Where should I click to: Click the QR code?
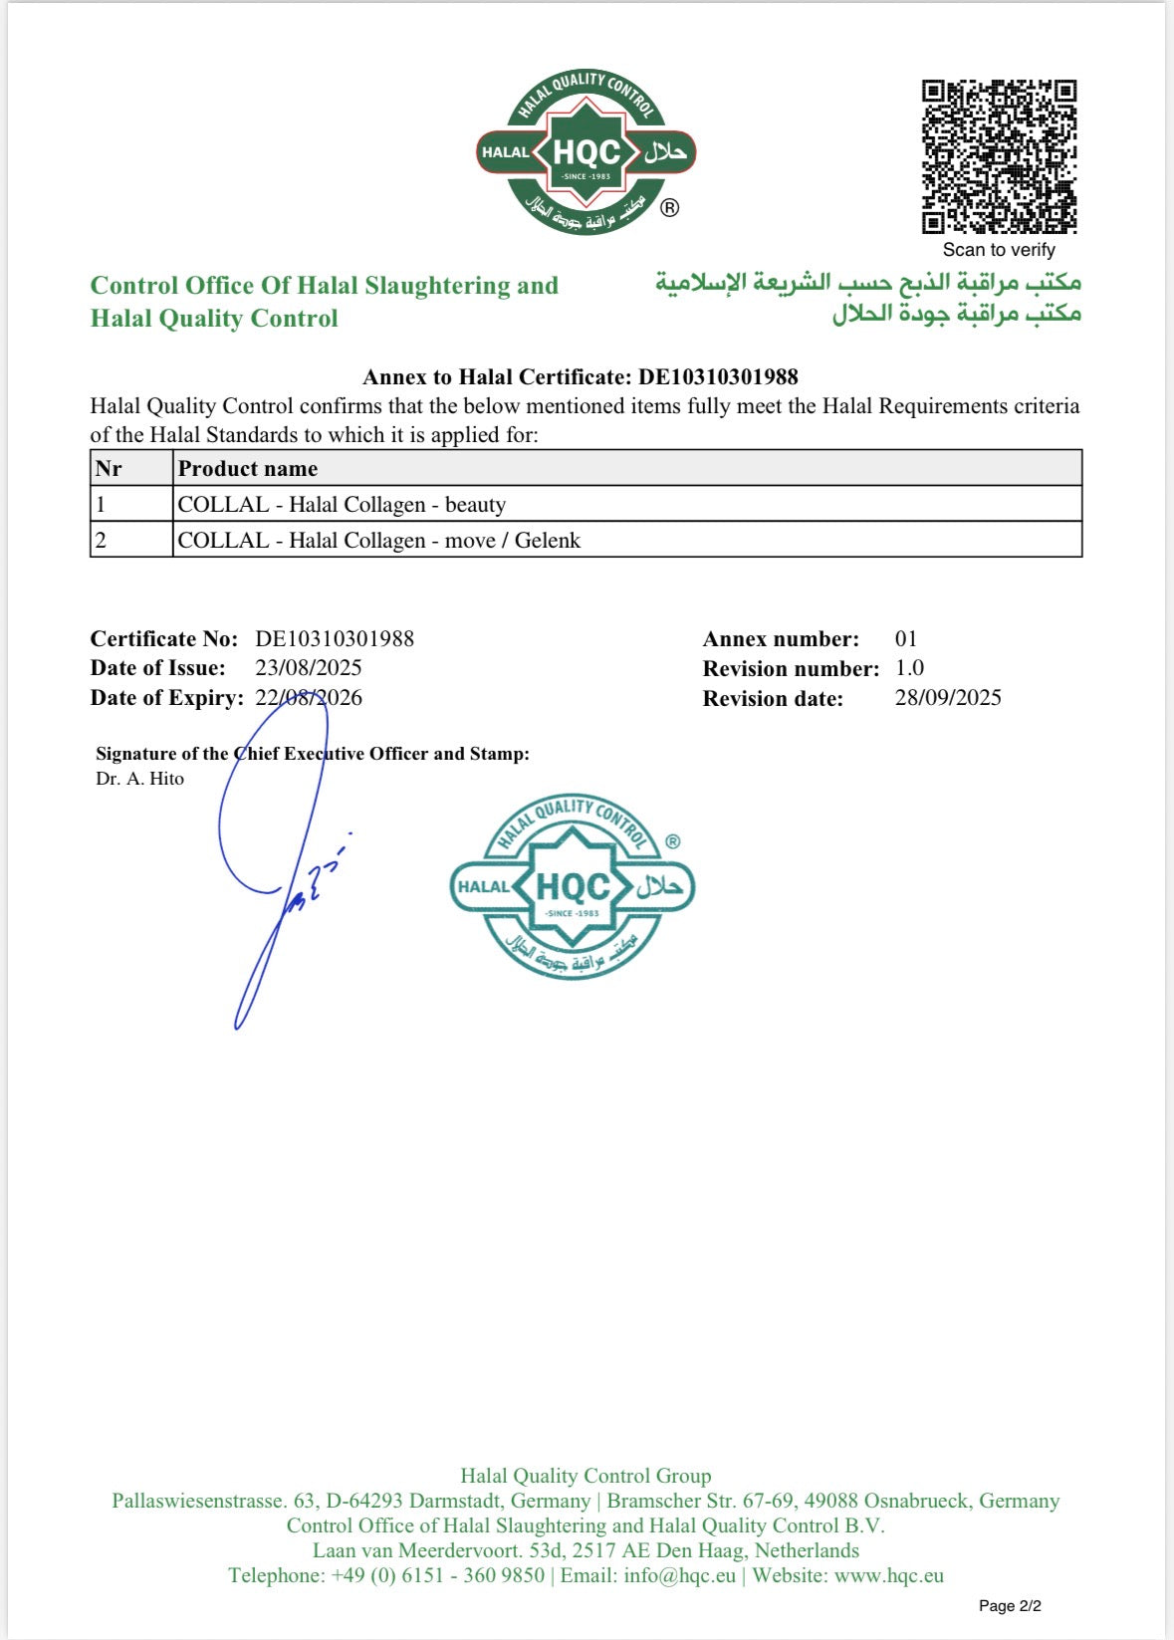pos(999,156)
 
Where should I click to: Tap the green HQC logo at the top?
pos(587,152)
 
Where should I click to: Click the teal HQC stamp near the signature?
pos(573,887)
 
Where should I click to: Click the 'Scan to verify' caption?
pos(999,250)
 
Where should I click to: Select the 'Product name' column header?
pos(248,469)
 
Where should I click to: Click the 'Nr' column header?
pos(109,469)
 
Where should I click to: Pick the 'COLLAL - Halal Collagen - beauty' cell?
pos(342,505)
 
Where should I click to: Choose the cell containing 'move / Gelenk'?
pos(379,541)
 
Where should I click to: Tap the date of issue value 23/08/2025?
pos(309,668)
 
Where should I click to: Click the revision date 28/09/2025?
pos(948,698)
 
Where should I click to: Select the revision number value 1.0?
pos(909,668)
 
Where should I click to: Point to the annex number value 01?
pos(905,639)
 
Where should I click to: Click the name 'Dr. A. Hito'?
pos(140,779)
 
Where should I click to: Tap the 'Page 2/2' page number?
pos(1010,1605)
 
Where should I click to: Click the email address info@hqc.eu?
pos(679,1575)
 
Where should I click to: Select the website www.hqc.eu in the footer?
pos(888,1575)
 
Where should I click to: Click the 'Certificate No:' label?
pos(164,639)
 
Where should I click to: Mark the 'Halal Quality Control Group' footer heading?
pos(586,1476)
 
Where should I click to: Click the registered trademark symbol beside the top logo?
pos(670,208)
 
